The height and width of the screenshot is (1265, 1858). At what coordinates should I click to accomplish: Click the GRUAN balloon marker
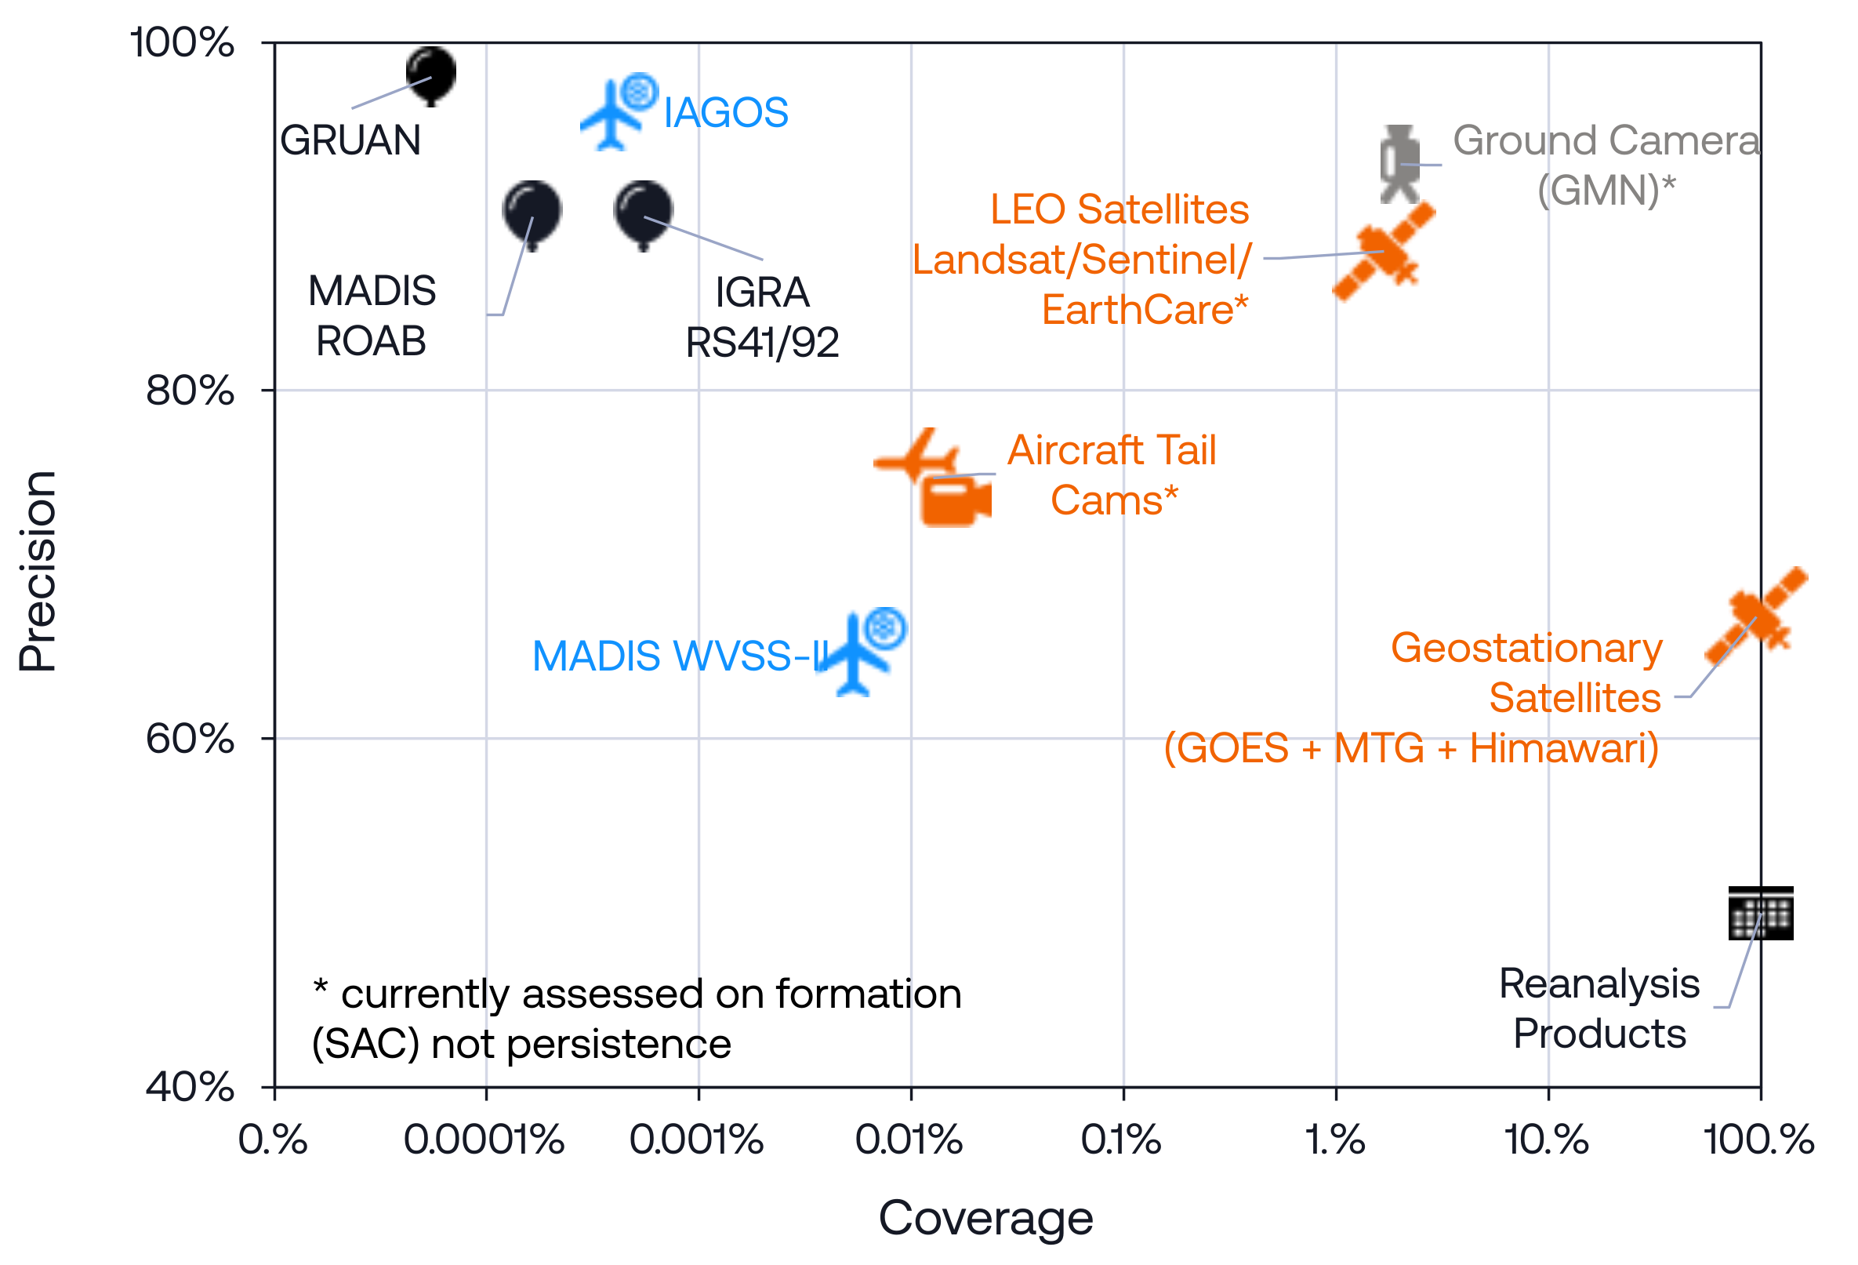click(431, 74)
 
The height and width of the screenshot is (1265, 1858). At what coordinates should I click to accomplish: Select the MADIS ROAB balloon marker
click(532, 212)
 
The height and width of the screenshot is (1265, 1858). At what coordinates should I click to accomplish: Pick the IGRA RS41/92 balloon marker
click(643, 212)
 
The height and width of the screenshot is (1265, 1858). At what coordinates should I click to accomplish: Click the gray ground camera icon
click(1400, 164)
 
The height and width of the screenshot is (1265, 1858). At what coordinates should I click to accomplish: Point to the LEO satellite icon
click(1384, 252)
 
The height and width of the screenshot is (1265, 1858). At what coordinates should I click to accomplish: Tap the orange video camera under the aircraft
click(955, 501)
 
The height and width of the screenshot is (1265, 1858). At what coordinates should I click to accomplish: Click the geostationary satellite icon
click(1756, 616)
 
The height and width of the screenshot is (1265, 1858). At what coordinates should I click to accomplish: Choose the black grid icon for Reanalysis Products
click(1761, 913)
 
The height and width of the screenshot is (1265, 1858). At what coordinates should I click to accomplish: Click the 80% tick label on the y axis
click(190, 391)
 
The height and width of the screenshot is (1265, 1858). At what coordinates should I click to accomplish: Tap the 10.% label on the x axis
click(1546, 1140)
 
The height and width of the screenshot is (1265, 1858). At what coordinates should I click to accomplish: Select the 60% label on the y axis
click(190, 739)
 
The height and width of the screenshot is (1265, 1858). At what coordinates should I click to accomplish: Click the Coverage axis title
click(985, 1219)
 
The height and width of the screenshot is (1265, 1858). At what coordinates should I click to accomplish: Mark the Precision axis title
click(38, 571)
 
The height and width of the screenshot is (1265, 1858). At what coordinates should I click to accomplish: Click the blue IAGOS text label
click(726, 113)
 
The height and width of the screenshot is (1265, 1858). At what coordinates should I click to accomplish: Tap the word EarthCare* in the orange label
click(1144, 311)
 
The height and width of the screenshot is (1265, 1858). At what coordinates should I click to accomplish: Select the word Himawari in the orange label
click(1564, 748)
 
